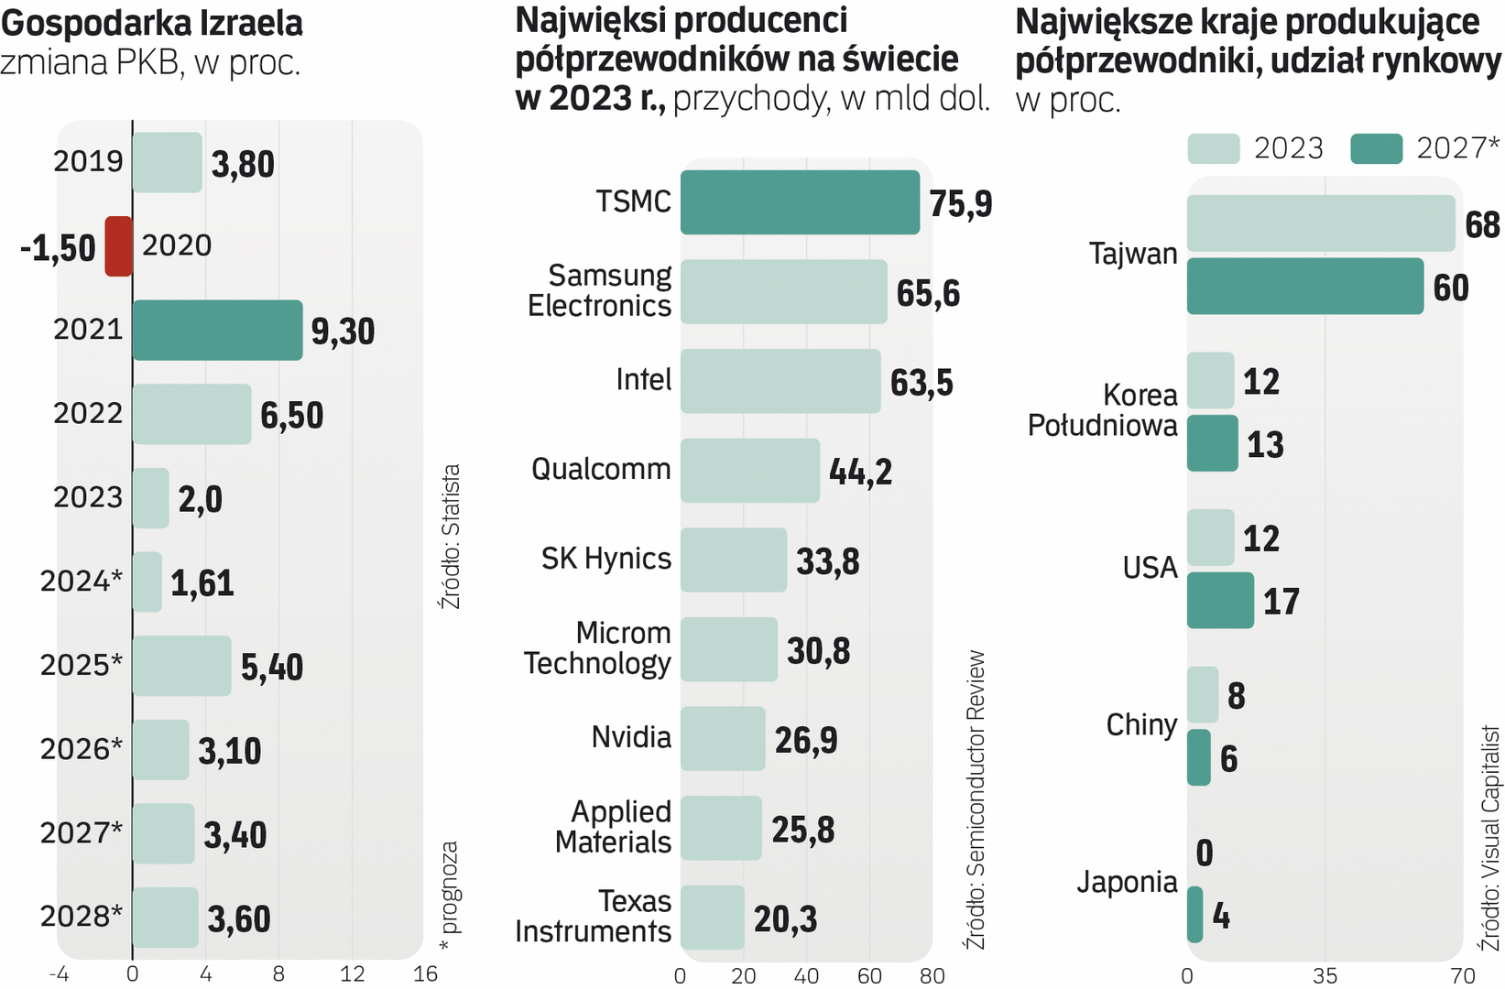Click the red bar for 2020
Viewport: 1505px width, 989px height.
pos(118,246)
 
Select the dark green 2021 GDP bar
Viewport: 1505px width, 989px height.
pos(217,330)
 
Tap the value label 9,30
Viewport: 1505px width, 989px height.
pos(343,331)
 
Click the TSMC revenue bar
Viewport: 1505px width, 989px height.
pos(799,202)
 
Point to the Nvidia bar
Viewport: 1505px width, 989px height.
pos(722,738)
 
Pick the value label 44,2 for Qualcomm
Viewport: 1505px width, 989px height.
pos(859,472)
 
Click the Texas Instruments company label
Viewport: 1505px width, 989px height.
pos(594,916)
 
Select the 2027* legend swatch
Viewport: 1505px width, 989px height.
pos(1376,148)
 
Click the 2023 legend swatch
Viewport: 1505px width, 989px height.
pos(1213,148)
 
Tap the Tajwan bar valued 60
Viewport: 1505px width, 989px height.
pos(1304,287)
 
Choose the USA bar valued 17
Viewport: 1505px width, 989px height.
pos(1220,601)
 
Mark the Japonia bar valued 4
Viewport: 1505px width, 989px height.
pos(1194,915)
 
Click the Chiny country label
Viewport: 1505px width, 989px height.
pos(1141,725)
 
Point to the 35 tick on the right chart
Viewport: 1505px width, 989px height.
pos(1325,975)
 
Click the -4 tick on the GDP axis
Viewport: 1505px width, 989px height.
pos(59,974)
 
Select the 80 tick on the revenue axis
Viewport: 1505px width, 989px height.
pos(932,976)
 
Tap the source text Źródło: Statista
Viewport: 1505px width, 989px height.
pos(451,537)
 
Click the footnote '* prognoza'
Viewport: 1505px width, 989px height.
pos(449,897)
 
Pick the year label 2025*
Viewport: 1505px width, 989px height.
pos(81,665)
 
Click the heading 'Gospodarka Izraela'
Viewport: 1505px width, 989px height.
pos(152,23)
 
